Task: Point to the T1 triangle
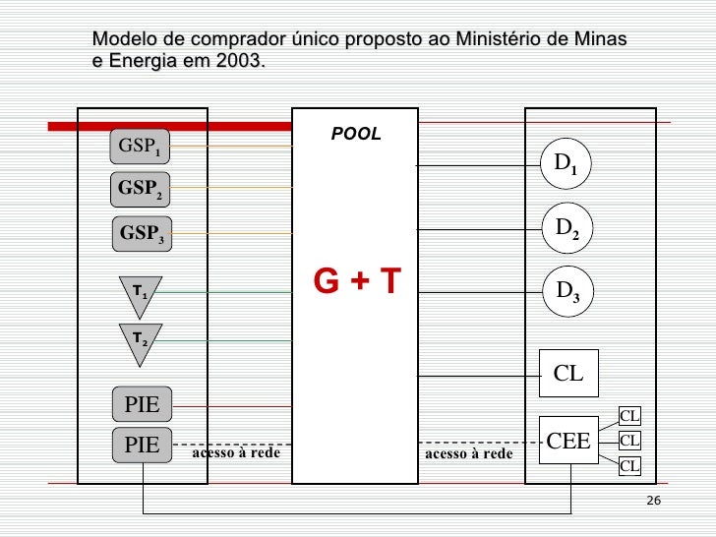click(140, 291)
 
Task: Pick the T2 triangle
click(140, 338)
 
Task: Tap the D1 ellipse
click(566, 163)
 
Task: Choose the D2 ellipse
click(567, 228)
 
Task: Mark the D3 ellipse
click(567, 291)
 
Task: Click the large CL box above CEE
click(568, 373)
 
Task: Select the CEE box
click(568, 441)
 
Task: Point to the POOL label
click(356, 134)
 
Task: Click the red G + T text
click(357, 281)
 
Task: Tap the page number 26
click(654, 503)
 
